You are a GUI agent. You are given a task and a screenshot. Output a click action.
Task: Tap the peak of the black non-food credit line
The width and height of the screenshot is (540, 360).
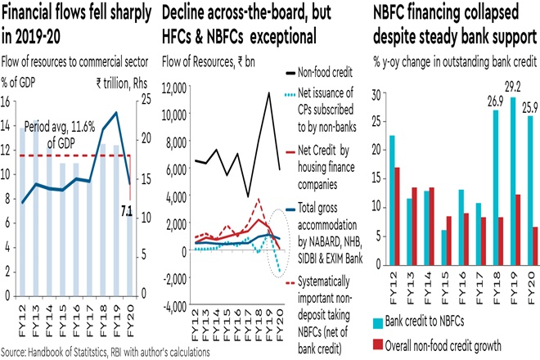click(x=268, y=92)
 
